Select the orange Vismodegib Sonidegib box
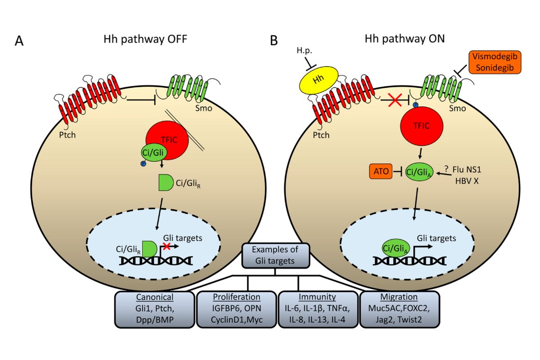[494, 62]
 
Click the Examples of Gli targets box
[275, 255]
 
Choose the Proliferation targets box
[237, 309]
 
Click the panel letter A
[19, 40]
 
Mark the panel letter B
[274, 40]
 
